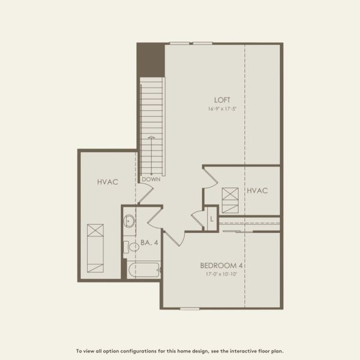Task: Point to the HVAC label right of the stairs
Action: pos(257,190)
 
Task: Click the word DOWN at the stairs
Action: pos(151,179)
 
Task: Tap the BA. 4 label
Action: pos(149,243)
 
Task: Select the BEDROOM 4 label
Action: pos(225,265)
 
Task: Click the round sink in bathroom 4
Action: pos(130,221)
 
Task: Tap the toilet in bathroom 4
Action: pos(130,246)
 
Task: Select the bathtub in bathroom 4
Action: pos(144,270)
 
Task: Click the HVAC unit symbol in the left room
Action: pos(95,247)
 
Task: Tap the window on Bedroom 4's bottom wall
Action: pos(190,309)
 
